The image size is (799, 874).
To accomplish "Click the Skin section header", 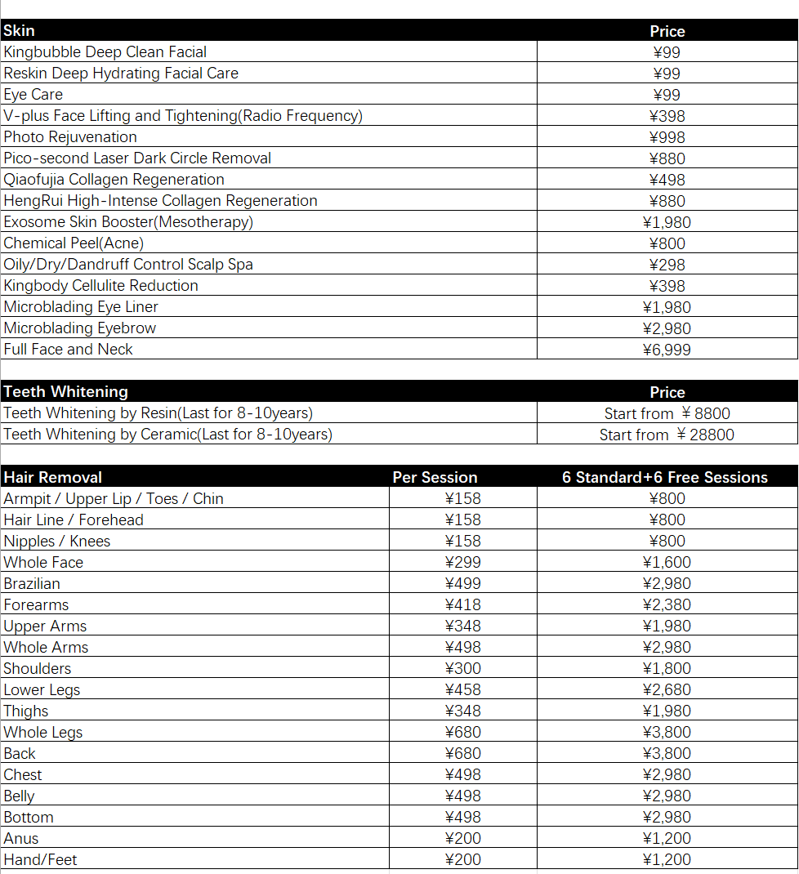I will [x=20, y=31].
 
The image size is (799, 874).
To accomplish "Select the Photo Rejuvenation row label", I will [x=70, y=137].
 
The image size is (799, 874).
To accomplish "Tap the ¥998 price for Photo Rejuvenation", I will [x=667, y=137].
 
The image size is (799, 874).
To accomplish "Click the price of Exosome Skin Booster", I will [x=667, y=222].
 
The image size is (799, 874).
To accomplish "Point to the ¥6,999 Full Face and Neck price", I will [x=667, y=350].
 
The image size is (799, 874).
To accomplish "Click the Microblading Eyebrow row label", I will [x=80, y=328].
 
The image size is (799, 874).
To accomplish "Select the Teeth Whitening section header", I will [x=65, y=392].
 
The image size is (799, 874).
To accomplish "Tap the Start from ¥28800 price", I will [x=667, y=435].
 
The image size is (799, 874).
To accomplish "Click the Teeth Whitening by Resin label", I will [x=158, y=413].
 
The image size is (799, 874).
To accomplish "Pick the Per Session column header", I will [x=435, y=478].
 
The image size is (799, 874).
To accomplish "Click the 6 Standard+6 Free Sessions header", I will [x=665, y=478].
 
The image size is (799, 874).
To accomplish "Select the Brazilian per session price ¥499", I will [x=462, y=584].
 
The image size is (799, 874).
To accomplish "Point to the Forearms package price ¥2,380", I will [x=667, y=605].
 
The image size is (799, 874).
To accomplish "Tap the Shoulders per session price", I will [x=462, y=669].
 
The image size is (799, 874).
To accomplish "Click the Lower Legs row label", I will [x=42, y=690].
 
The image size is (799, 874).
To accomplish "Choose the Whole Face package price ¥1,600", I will [x=667, y=563].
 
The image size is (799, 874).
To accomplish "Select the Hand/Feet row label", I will [x=40, y=860].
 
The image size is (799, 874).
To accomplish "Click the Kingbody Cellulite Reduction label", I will [x=101, y=286].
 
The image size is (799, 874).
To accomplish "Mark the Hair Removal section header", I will [x=53, y=478].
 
